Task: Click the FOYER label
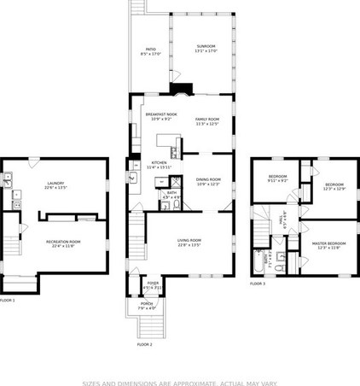(x=153, y=284)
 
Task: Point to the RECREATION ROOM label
(x=63, y=243)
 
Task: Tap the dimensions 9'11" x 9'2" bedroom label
(x=278, y=178)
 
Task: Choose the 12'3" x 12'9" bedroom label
(x=333, y=186)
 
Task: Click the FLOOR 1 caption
(x=7, y=301)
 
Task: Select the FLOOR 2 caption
(x=144, y=344)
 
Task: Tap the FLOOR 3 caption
(x=258, y=284)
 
